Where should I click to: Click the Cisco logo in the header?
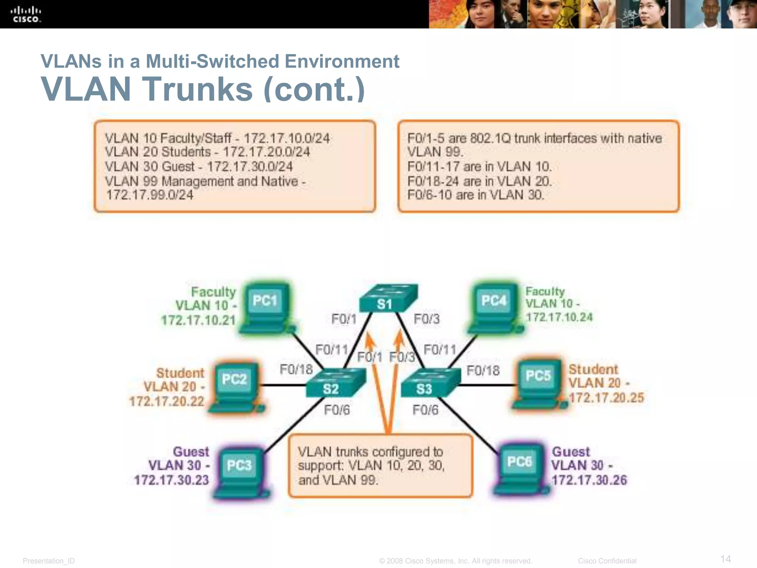pyautogui.click(x=26, y=14)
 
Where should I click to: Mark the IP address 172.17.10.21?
pyautogui.click(x=198, y=320)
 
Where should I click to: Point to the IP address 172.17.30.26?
pyautogui.click(x=589, y=480)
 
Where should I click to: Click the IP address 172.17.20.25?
pyautogui.click(x=606, y=398)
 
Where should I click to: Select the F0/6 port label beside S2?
pyautogui.click(x=337, y=410)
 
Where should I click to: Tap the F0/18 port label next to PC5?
pyautogui.click(x=483, y=371)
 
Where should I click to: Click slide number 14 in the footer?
pyautogui.click(x=726, y=558)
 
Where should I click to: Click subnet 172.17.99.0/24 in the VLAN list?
pyautogui.click(x=150, y=195)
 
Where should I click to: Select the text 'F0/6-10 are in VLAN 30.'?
pyautogui.click(x=476, y=195)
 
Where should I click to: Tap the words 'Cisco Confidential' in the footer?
pyautogui.click(x=607, y=561)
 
